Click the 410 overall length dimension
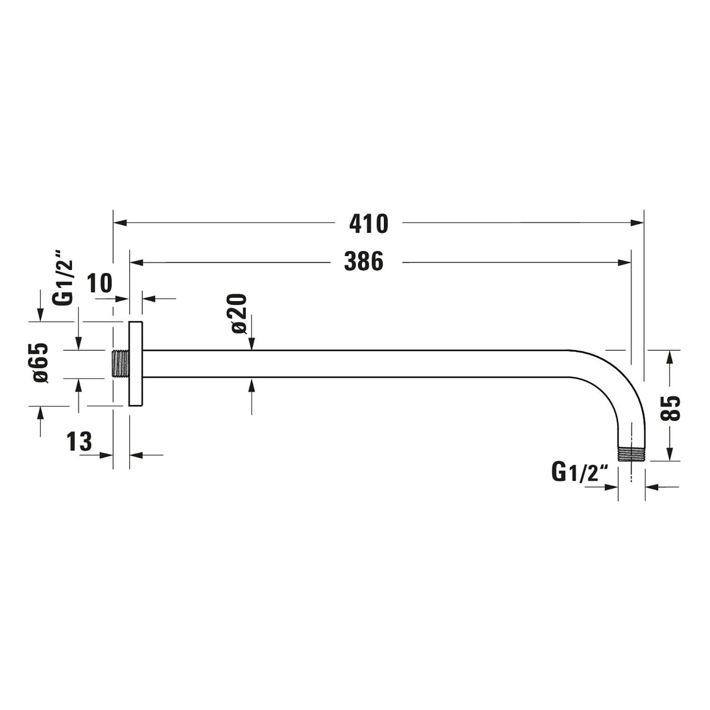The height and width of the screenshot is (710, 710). [x=369, y=224]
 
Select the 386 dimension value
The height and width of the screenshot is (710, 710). [x=364, y=262]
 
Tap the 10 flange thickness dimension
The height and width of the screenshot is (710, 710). [x=100, y=284]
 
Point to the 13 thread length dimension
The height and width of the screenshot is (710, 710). [x=79, y=442]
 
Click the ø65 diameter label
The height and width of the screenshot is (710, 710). [x=41, y=363]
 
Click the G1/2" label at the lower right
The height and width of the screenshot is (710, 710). [x=579, y=472]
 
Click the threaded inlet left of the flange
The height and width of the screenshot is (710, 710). [x=121, y=364]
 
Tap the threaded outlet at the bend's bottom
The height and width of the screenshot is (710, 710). [x=631, y=454]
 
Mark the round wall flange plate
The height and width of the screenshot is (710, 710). [x=136, y=364]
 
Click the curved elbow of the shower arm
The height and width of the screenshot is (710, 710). [x=615, y=379]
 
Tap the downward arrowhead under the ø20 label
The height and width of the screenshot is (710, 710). [x=251, y=345]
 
